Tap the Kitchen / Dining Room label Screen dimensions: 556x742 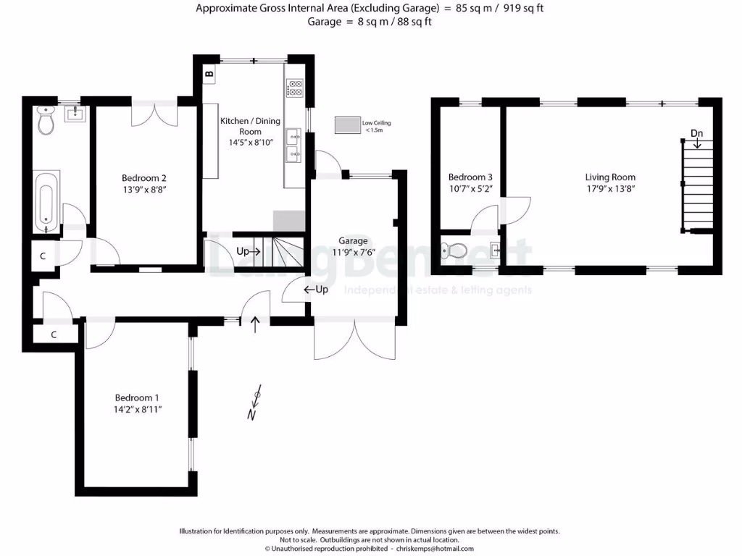click(250, 126)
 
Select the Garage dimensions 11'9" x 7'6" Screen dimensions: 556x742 click(353, 253)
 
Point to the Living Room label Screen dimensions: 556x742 click(610, 177)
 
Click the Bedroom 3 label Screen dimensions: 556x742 click(470, 177)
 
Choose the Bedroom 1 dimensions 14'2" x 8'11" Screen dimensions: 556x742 click(137, 410)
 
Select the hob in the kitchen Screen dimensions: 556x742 click(295, 88)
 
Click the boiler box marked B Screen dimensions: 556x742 click(209, 74)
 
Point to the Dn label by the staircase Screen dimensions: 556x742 click(696, 133)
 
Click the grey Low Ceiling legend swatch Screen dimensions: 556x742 click(346, 126)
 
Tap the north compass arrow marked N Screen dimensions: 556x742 click(254, 403)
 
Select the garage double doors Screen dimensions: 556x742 click(355, 339)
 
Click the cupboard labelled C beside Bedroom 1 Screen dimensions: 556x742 click(54, 334)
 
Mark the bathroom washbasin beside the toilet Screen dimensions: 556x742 click(75, 113)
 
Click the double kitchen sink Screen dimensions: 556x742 click(294, 143)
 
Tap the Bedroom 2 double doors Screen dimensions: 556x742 click(154, 112)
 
